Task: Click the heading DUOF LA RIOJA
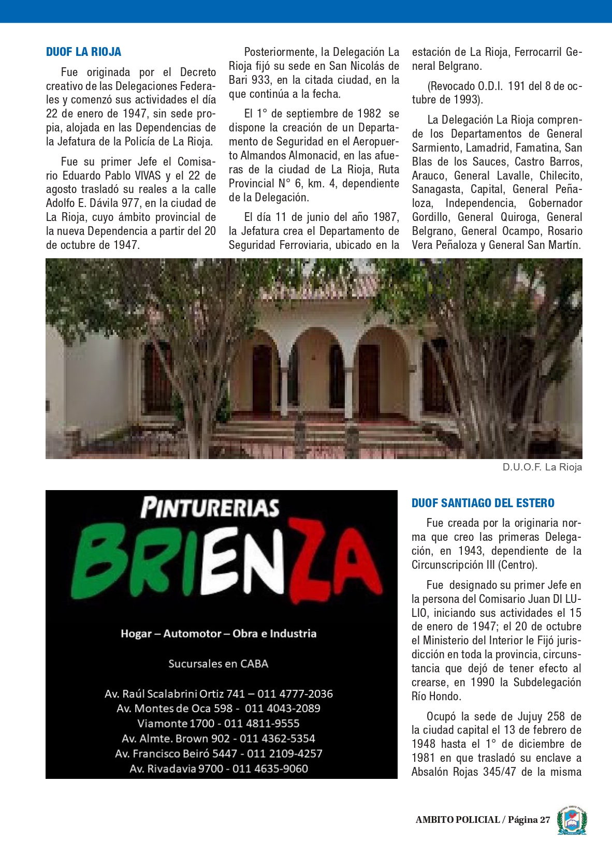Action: point(83,52)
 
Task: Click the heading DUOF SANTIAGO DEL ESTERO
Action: point(483,503)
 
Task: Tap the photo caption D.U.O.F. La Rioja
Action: point(542,467)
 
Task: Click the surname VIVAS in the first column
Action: point(148,175)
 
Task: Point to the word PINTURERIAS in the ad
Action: point(210,507)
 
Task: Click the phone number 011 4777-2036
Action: point(295,694)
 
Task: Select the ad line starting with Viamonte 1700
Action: point(218,724)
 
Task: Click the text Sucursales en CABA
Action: point(218,664)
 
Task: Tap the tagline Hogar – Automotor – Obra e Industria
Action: point(218,633)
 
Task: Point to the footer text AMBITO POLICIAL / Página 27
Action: point(483,820)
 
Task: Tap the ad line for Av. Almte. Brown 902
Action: point(218,739)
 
